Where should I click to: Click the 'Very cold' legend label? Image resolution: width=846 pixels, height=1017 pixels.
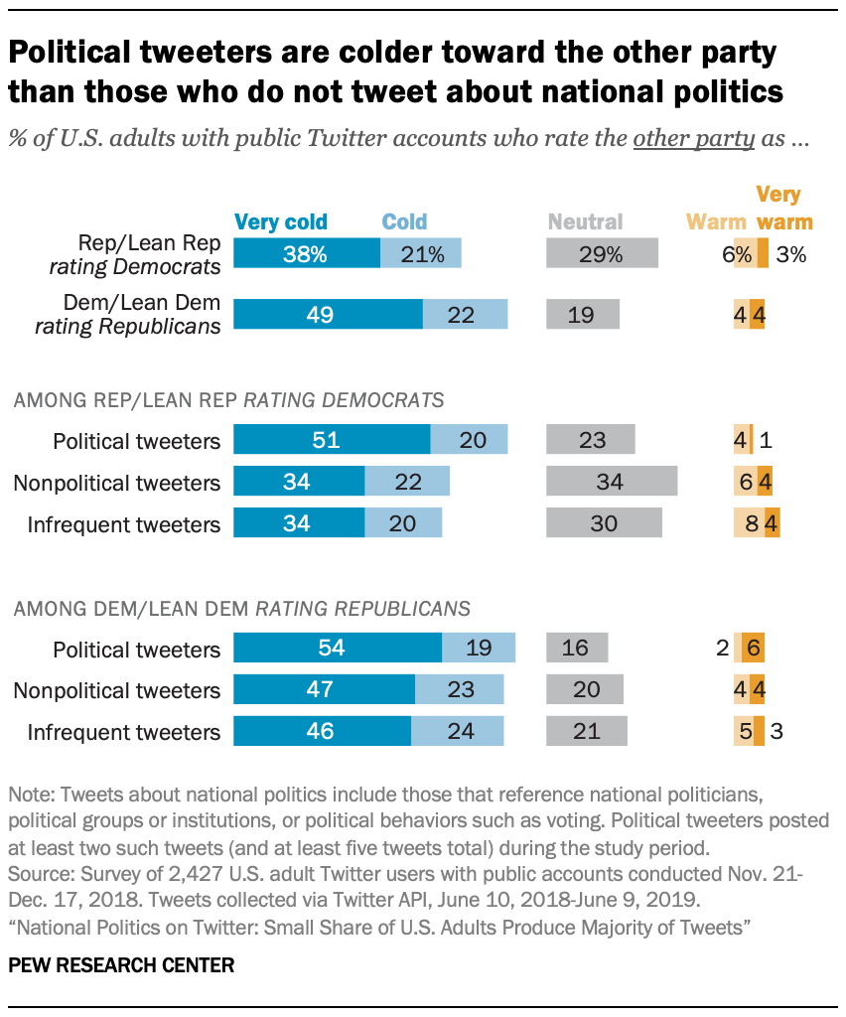[x=280, y=221]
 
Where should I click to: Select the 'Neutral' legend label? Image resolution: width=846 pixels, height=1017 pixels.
[x=584, y=221]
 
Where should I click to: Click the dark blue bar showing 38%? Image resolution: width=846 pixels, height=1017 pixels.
[x=306, y=254]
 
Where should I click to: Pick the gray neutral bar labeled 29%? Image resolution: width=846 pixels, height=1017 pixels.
[x=602, y=254]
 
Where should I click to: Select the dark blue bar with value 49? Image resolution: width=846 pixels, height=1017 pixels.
[x=328, y=315]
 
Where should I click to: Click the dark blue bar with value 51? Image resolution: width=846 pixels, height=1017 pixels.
[x=332, y=440]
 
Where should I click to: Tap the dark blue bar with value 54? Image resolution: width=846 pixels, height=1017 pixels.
[x=338, y=649]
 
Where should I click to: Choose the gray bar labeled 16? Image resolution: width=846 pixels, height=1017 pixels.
[x=577, y=649]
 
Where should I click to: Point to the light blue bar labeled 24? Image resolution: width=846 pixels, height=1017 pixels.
[x=458, y=732]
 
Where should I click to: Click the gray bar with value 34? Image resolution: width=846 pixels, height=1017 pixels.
[x=612, y=482]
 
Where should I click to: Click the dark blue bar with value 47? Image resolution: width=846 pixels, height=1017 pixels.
[x=324, y=690]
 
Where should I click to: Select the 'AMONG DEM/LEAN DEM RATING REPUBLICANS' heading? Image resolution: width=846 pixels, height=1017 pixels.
[x=241, y=608]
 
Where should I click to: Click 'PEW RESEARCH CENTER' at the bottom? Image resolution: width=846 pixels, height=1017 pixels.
[x=121, y=965]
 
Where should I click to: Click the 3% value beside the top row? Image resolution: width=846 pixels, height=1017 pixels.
[x=790, y=254]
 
